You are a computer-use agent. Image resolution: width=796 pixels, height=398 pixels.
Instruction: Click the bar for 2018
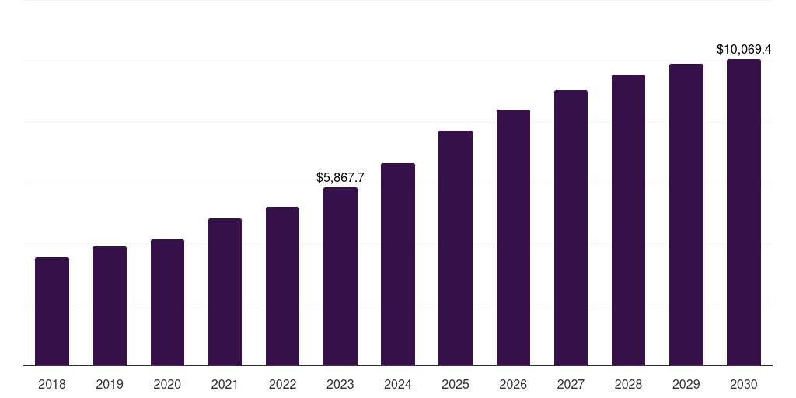tap(52, 311)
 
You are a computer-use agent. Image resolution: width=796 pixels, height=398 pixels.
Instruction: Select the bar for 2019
tap(110, 305)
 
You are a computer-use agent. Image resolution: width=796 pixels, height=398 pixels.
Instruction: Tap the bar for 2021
tap(225, 292)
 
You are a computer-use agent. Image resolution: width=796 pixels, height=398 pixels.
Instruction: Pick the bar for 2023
tap(340, 276)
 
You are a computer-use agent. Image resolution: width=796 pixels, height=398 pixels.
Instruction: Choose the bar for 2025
tap(456, 248)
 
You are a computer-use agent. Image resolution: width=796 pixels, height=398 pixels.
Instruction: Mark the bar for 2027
tap(571, 228)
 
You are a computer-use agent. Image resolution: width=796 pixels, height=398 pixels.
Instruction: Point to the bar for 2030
tap(744, 212)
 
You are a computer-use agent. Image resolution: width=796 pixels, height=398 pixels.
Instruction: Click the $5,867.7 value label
tap(340, 177)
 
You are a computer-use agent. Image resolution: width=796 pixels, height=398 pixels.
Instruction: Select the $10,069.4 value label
tap(744, 50)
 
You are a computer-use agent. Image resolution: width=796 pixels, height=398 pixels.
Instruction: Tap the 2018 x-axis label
tap(52, 384)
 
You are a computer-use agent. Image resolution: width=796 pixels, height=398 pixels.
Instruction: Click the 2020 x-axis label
tap(167, 384)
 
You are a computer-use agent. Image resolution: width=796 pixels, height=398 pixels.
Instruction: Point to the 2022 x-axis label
tap(282, 384)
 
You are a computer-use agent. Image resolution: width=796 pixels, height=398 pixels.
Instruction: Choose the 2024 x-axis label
tap(398, 384)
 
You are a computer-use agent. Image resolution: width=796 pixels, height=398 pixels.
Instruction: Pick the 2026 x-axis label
tap(513, 384)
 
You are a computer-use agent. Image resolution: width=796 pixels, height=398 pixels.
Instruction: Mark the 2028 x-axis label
tap(628, 384)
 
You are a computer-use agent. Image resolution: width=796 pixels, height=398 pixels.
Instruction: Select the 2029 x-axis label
tap(686, 384)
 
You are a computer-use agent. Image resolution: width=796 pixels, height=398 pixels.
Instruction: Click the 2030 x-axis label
tap(744, 384)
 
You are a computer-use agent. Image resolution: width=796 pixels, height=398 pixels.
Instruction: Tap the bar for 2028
tap(628, 220)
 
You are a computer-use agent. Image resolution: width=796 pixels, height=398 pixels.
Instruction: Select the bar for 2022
tap(282, 286)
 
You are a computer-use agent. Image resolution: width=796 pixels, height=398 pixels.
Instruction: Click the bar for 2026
tap(513, 237)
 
